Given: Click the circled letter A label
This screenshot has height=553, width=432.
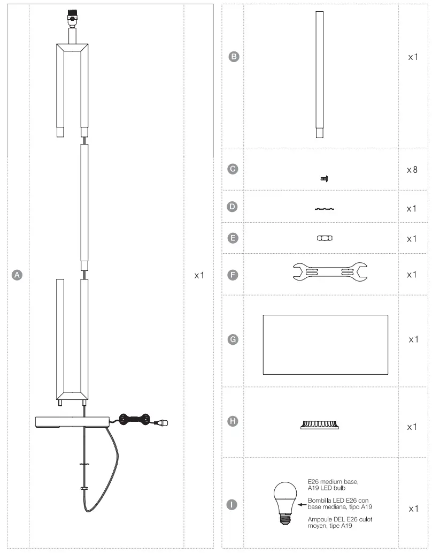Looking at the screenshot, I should (x=17, y=275).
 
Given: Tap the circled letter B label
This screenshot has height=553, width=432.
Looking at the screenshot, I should (x=233, y=56).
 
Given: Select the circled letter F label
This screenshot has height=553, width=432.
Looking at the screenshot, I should (x=233, y=275).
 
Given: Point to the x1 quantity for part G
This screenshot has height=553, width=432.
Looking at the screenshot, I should (x=412, y=339).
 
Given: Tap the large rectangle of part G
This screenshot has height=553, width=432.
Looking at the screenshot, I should (x=325, y=344).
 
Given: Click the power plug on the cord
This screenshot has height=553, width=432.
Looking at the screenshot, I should (x=161, y=423).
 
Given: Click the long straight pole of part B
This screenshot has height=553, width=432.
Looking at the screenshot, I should (x=319, y=75).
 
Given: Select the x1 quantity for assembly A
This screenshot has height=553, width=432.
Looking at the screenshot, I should (x=199, y=275).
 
